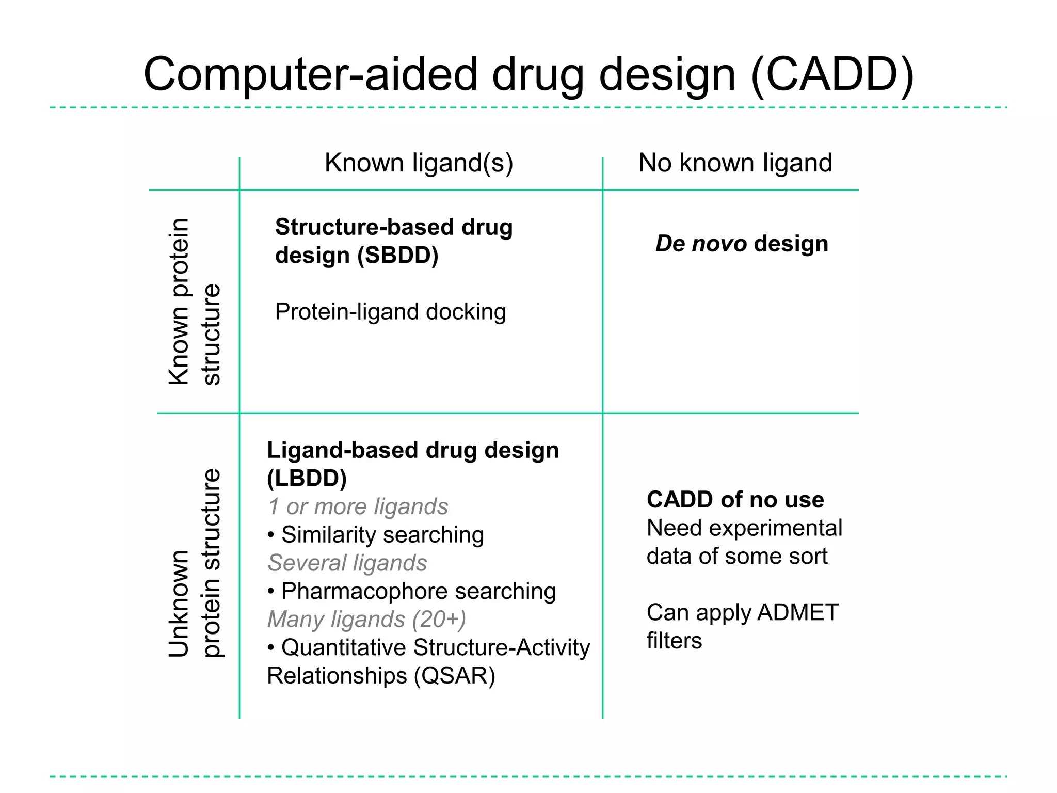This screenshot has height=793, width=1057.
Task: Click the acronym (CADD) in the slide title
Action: point(832,75)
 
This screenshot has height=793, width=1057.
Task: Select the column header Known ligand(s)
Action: point(419,163)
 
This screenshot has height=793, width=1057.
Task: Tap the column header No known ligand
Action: point(735,163)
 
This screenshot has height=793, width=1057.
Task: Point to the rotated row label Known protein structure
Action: point(195,302)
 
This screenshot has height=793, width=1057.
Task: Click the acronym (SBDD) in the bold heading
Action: point(398,255)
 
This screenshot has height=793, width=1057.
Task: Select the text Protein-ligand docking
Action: point(390,311)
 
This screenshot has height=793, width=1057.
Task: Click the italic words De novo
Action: point(701,243)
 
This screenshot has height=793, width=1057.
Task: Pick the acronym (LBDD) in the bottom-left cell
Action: point(307,478)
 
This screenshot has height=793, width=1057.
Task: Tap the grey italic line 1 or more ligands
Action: point(358,506)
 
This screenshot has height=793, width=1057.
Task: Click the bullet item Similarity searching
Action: point(382,534)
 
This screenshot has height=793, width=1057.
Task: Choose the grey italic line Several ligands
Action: point(347,563)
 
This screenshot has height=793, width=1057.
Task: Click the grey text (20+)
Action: point(439,619)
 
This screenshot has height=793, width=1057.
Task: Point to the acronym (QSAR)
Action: point(454,675)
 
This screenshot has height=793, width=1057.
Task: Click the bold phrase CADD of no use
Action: point(735,499)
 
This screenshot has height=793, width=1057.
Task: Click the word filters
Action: point(674,640)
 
